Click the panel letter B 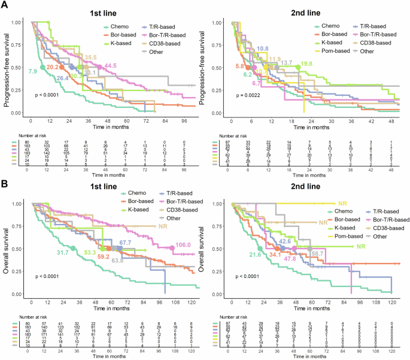pyautogui.click(x=5, y=182)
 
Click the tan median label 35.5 pyautogui.click(x=90, y=58)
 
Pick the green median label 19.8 pyautogui.click(x=308, y=63)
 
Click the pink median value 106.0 pyautogui.click(x=185, y=245)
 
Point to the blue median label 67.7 pyautogui.click(x=124, y=226)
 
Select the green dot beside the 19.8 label pyautogui.click(x=297, y=67)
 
